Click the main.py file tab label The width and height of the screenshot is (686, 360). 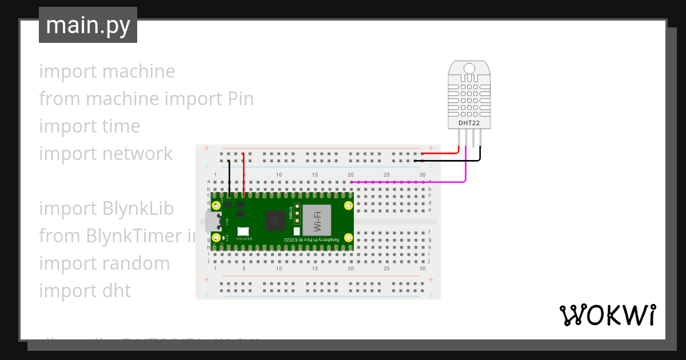click(x=88, y=25)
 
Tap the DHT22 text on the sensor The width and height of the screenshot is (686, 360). click(x=469, y=123)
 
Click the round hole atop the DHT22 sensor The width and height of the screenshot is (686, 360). click(x=469, y=69)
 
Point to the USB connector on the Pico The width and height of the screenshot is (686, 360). click(x=213, y=221)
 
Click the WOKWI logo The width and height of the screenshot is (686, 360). click(x=607, y=315)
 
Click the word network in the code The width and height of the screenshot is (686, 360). click(x=137, y=154)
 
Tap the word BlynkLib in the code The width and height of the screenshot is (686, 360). click(x=138, y=209)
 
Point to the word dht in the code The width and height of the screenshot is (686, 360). click(x=117, y=291)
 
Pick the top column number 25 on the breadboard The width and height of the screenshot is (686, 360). click(x=386, y=174)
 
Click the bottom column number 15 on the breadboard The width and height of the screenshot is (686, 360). click(x=315, y=269)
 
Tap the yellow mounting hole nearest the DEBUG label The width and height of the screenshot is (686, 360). click(x=348, y=205)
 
